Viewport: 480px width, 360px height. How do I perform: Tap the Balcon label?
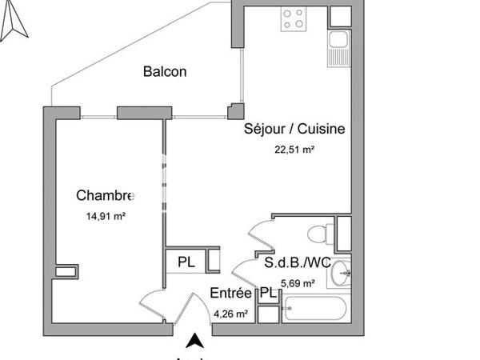pyautogui.click(x=165, y=72)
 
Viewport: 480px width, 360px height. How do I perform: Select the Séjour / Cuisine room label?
pyautogui.click(x=294, y=128)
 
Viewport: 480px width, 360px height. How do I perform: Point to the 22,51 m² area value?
pyautogui.click(x=294, y=147)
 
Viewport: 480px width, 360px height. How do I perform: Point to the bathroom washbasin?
pyautogui.click(x=342, y=272)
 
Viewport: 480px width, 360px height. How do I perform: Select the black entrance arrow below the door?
pyautogui.click(x=194, y=342)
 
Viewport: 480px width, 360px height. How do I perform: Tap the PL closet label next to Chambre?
pyautogui.click(x=186, y=262)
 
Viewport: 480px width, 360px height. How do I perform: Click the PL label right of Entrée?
pyautogui.click(x=270, y=294)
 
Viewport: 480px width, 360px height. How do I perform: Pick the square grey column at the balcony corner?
pyautogui.click(x=235, y=111)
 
